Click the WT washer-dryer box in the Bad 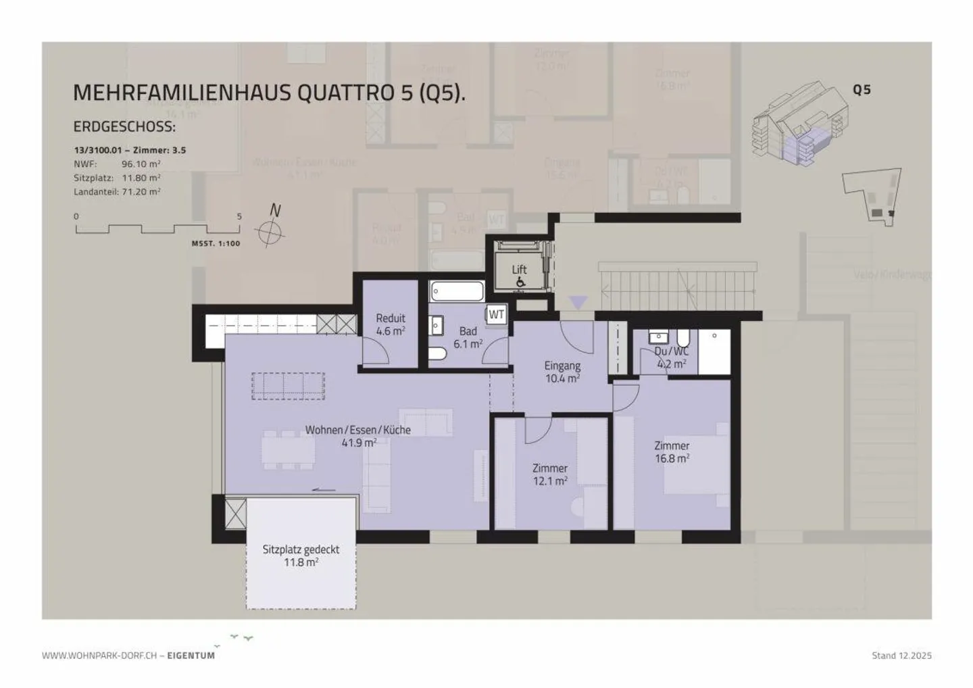coord(497,314)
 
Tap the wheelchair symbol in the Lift coord(520,282)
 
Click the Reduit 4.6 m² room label coord(391,324)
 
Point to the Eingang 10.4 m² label coord(562,372)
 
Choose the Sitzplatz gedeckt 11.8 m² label coord(301,556)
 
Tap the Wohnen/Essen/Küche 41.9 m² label coord(357,436)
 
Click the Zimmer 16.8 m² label coord(672,451)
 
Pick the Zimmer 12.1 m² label coord(549,474)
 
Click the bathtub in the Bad coord(457,292)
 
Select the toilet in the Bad coord(436,353)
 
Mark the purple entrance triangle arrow coord(578,302)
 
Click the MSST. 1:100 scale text coord(216,243)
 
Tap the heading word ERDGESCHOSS coord(124,127)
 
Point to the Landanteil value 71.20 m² coord(141,192)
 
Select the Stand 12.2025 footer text coord(901,656)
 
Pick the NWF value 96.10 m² coord(141,164)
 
